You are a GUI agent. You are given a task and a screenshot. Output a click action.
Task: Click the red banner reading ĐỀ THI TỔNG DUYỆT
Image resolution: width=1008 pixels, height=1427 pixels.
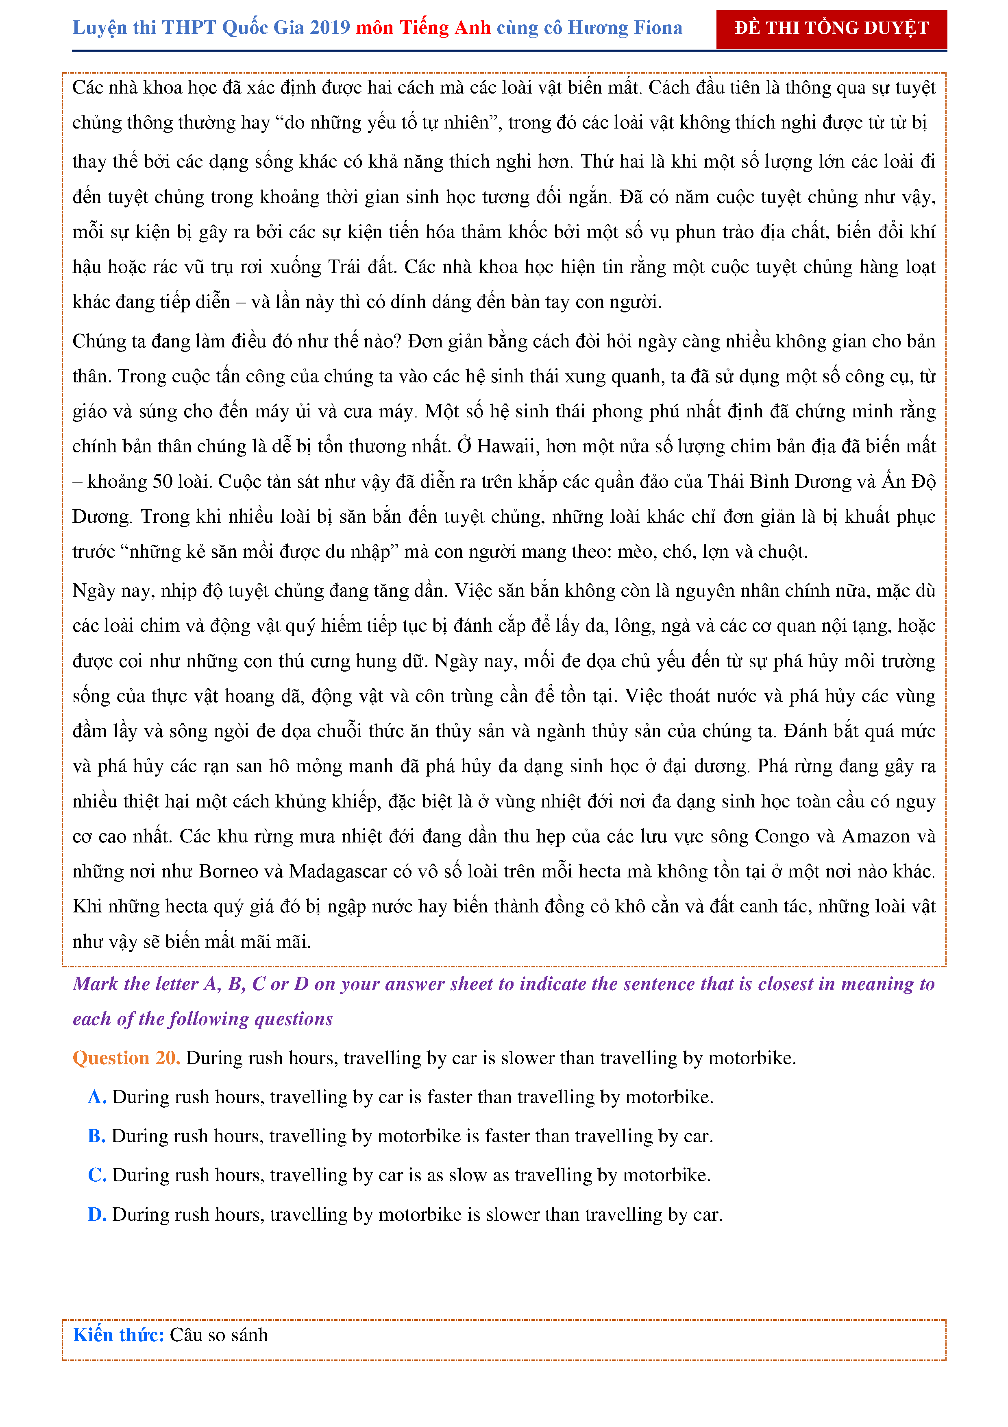point(831,28)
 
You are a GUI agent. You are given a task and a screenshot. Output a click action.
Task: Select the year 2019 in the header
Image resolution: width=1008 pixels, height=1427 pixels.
point(330,28)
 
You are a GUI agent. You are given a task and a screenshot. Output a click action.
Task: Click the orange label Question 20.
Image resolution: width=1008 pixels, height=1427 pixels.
point(126,1057)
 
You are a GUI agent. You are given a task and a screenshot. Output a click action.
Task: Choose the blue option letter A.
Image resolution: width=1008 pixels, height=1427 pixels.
point(97,1097)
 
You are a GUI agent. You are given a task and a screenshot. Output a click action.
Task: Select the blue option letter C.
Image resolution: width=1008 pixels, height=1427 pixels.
point(97,1175)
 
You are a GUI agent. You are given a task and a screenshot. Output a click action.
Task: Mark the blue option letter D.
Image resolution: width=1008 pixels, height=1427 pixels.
point(97,1214)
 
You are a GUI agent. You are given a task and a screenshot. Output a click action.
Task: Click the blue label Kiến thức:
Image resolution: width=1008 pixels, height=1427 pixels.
point(118,1335)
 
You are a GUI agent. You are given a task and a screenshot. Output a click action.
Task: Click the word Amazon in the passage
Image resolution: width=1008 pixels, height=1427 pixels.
point(877,837)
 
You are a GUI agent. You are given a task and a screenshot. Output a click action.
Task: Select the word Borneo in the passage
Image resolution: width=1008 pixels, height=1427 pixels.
point(228,871)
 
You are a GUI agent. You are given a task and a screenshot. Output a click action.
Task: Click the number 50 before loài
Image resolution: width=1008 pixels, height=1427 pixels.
point(163,482)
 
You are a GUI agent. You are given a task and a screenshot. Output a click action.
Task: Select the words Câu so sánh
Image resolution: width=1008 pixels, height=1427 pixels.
point(219,1335)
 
